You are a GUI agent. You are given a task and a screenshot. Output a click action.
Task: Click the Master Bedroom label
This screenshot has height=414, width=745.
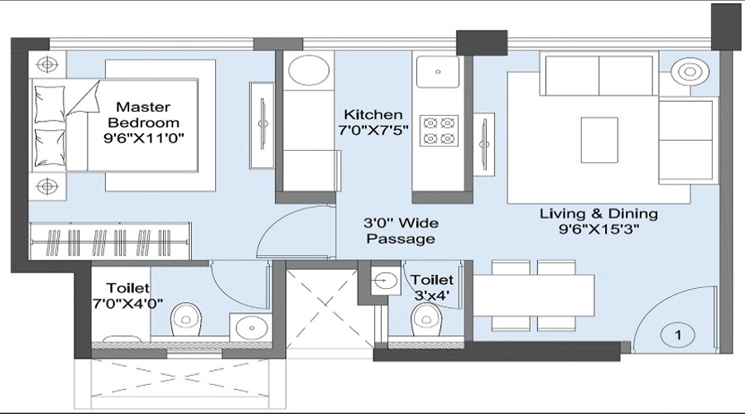pos(143,123)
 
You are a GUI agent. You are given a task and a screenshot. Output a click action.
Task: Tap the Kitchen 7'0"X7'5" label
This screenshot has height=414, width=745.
pos(373,122)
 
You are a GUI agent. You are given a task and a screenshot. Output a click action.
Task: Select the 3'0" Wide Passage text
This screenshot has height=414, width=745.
pos(401,230)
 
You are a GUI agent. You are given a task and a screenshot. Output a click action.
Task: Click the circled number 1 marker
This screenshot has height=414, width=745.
pos(678,335)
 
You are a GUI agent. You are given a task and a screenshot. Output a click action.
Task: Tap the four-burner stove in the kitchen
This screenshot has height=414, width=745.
pos(439,130)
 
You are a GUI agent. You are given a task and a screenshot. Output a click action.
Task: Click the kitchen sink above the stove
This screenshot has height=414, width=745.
pos(438,72)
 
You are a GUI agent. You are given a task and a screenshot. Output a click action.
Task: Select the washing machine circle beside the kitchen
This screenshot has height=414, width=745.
pos(309,70)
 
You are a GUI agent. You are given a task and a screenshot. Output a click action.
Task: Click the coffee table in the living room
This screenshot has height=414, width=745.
pos(599,140)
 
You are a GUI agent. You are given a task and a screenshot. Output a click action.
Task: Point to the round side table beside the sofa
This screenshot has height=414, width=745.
pos(690,73)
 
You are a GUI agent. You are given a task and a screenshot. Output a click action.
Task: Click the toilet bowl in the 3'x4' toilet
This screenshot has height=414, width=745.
pos(426,320)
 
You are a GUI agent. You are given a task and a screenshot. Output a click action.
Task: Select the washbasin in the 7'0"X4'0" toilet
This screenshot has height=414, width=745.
pos(250,327)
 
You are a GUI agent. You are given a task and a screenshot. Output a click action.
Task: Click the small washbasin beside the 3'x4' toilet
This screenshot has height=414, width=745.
pos(386,281)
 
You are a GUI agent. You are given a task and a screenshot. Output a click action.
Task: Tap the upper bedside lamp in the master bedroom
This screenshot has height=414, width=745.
pos(47,64)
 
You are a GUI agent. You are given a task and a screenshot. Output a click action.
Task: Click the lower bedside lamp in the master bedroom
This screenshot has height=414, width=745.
pos(47,185)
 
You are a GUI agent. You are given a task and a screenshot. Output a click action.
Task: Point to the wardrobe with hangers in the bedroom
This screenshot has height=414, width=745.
pos(110,241)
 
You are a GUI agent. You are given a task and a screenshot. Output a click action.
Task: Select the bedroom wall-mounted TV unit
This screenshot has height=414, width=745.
pos(262,125)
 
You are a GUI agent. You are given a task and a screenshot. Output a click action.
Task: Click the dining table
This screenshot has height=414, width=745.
pos(534,296)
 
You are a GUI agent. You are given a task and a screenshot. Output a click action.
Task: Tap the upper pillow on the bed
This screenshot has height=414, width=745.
pos(50,104)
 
